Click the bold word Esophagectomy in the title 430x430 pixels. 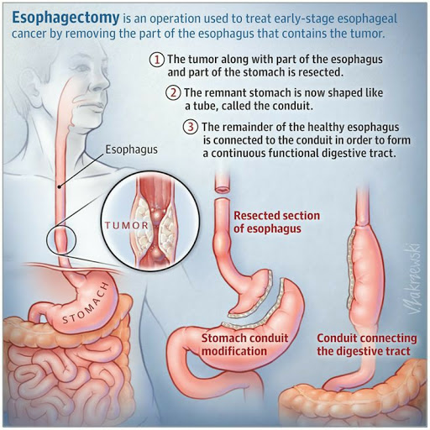(66, 18)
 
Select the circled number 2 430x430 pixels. (173, 92)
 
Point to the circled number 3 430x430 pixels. (191, 127)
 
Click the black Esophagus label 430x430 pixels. (131, 149)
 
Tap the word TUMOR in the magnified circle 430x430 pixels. (127, 226)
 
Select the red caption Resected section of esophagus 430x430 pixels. (276, 222)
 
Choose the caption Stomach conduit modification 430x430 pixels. (244, 344)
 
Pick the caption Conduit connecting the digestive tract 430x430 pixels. (367, 344)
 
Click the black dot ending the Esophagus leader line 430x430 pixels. (59, 186)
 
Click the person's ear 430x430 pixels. (27, 84)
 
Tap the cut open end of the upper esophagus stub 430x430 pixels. (223, 190)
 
